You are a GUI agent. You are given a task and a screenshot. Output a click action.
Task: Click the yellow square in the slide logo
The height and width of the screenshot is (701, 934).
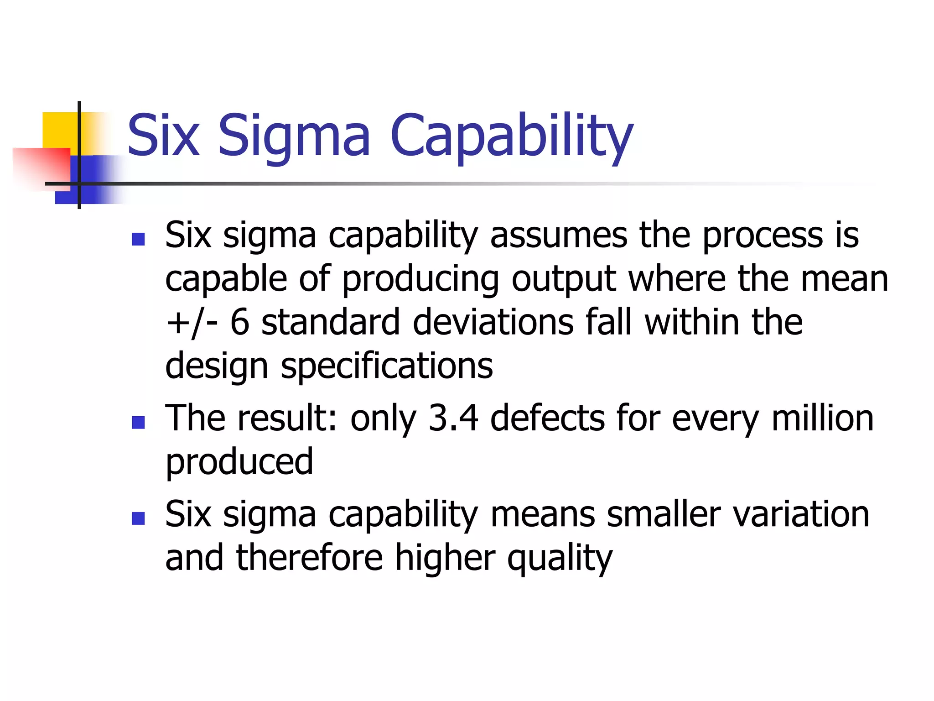(x=59, y=130)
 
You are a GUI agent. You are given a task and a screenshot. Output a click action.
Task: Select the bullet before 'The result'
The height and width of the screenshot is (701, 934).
(x=138, y=422)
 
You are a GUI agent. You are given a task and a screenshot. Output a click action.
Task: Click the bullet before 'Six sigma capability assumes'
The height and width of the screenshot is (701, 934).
(x=138, y=239)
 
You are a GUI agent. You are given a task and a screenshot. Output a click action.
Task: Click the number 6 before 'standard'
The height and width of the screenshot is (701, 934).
(x=240, y=322)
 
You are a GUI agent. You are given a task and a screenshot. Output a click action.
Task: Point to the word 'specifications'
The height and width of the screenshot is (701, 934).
(x=387, y=366)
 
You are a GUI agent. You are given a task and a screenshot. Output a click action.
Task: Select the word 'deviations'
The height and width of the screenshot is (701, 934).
(x=493, y=322)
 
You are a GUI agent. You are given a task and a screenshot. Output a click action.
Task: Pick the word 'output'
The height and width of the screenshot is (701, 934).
(x=564, y=279)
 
